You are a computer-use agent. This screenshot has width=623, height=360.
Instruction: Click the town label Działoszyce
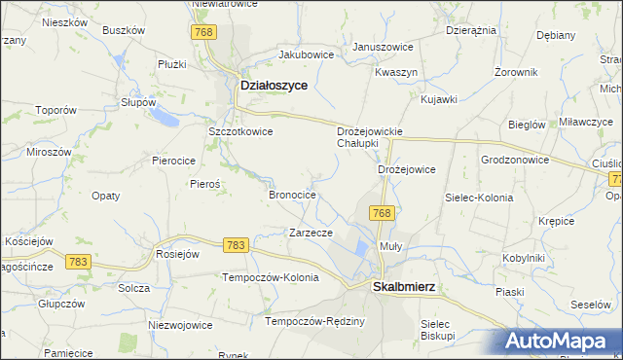[274, 86]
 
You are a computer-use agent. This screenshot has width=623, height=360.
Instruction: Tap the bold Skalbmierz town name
[404, 287]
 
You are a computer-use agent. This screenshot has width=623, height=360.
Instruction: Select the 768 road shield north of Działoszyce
[202, 33]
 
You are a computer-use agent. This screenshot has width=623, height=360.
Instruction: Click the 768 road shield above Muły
[382, 213]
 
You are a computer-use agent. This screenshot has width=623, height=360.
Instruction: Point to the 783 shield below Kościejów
[79, 261]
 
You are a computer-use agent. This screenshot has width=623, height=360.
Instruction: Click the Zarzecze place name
[311, 233]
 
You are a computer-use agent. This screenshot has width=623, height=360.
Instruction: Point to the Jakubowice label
[306, 54]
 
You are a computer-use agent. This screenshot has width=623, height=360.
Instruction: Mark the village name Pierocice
[174, 160]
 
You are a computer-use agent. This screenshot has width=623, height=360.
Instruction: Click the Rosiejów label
[177, 254]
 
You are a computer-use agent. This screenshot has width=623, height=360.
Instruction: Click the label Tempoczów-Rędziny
[315, 321]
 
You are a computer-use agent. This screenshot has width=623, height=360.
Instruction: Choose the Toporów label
[55, 111]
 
